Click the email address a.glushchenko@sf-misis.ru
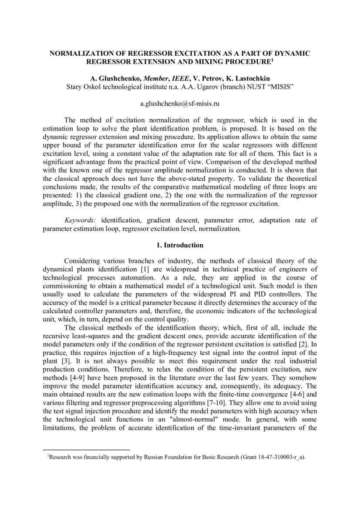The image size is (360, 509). click(x=179, y=104)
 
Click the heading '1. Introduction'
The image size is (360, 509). click(x=180, y=245)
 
